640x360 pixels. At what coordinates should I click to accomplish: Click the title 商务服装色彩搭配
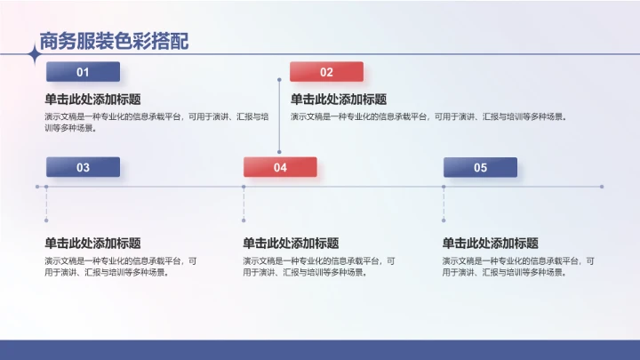(114, 41)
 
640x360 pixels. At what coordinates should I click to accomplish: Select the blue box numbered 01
(83, 72)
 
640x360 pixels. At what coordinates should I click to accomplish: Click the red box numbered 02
(326, 72)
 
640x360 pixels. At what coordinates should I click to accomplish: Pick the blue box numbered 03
(83, 167)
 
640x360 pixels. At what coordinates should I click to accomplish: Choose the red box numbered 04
(280, 167)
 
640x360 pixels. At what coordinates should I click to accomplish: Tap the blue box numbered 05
(480, 167)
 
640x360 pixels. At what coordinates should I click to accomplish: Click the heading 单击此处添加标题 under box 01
(92, 100)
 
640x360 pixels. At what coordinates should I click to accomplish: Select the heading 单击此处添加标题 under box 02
(339, 100)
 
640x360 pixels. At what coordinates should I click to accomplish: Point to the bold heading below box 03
(92, 243)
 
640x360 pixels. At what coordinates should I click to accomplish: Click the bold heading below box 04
(291, 243)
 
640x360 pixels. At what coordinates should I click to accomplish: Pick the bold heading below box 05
(490, 243)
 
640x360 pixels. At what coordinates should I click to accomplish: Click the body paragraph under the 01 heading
(156, 121)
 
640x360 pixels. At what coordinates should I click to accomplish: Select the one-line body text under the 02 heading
(428, 116)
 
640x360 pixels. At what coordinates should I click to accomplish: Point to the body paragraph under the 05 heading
(518, 267)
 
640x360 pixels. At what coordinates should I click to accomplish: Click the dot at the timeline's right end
(602, 187)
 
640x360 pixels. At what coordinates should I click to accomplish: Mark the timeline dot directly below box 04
(244, 187)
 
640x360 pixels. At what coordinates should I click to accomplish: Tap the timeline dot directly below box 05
(444, 187)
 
